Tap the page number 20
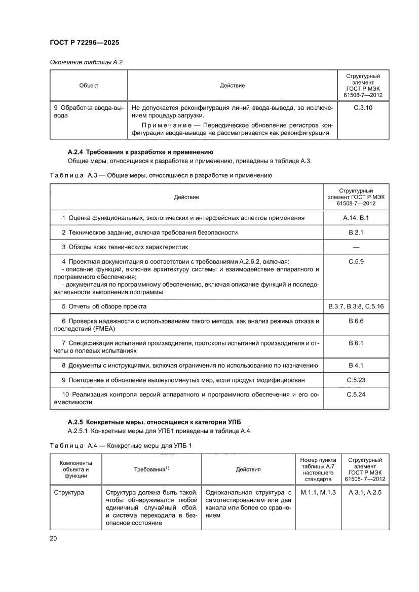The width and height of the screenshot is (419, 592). [53, 538]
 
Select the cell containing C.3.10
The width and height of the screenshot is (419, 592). [362, 108]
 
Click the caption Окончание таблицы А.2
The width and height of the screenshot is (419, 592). [86, 62]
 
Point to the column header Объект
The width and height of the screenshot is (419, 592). [89, 85]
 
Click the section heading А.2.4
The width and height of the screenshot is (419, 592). [137, 152]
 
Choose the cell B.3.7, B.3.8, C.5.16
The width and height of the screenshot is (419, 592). [356, 306]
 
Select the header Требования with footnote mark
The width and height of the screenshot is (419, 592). [151, 469]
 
